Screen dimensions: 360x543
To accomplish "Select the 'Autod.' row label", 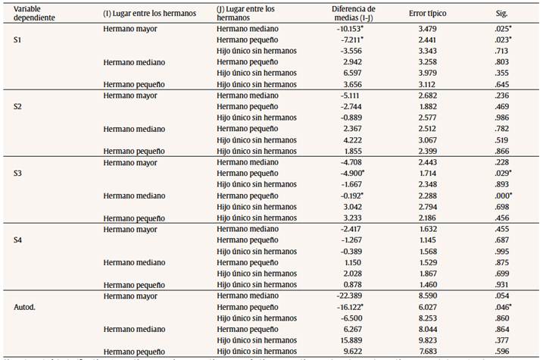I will [26, 308].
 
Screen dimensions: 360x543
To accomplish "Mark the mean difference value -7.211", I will [354, 39].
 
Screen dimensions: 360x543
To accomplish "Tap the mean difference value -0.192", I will [354, 196].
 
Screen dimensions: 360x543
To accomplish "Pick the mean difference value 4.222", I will [354, 139].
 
